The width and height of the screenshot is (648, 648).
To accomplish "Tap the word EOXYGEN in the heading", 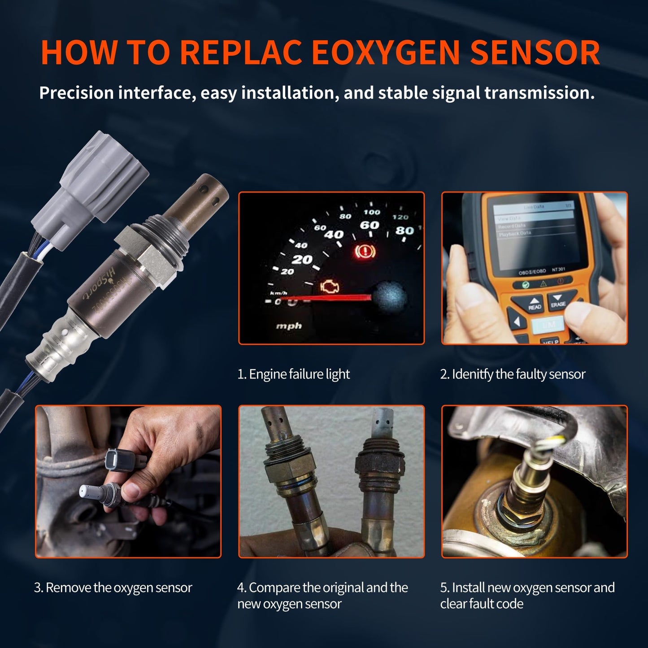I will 385,53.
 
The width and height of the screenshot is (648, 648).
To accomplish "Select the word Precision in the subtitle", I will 77,93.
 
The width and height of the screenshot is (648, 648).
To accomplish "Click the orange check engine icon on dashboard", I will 331,287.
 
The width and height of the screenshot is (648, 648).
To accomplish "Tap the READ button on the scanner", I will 534,304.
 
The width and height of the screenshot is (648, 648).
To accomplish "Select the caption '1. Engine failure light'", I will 293,374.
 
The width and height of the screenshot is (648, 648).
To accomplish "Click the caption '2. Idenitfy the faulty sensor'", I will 513,374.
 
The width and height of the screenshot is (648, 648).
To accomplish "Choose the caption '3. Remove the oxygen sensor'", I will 113,587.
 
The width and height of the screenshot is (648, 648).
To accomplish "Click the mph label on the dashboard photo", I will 288,326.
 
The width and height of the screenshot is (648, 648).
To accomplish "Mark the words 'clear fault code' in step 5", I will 482,604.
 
